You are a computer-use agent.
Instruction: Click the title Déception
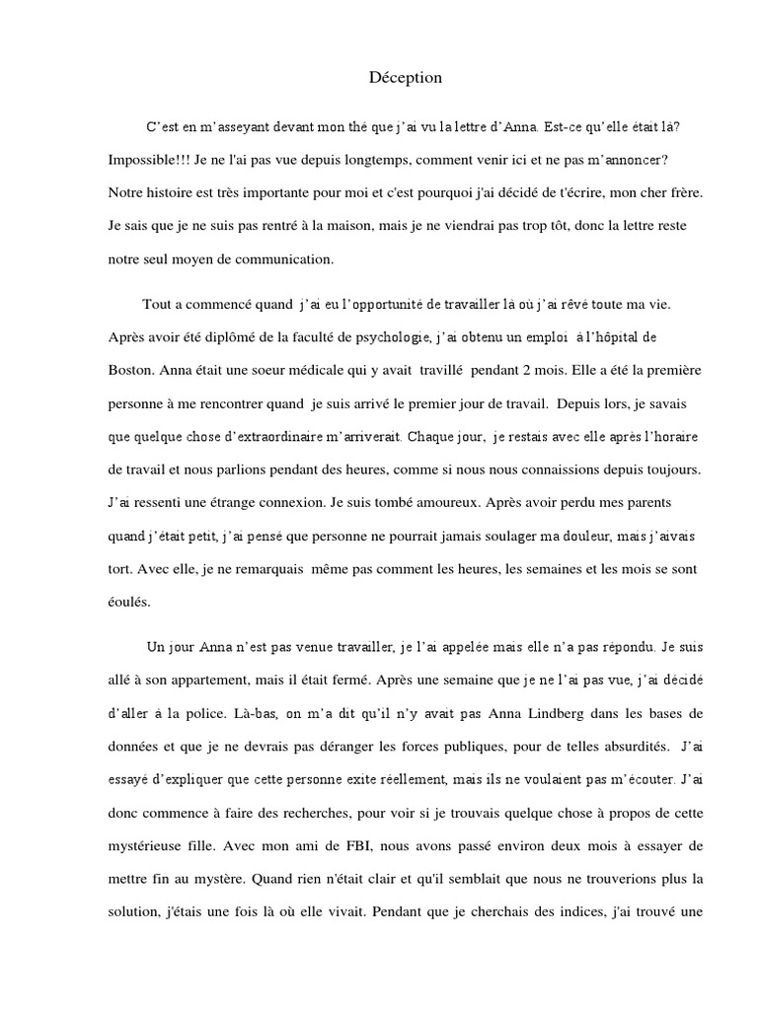(x=406, y=77)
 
